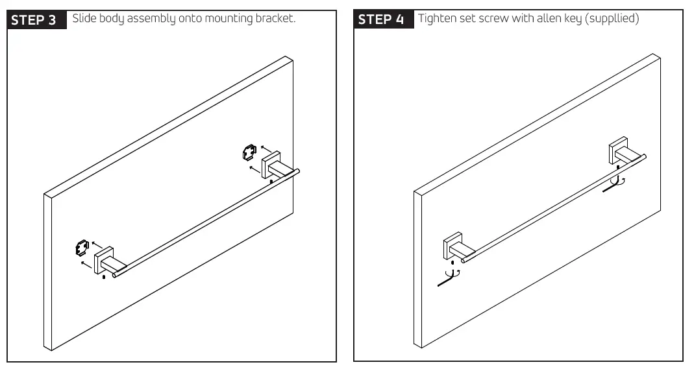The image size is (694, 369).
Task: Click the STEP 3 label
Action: pos(36,19)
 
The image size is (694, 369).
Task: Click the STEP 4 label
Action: pos(384,19)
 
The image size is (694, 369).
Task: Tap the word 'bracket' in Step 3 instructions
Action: pos(277,18)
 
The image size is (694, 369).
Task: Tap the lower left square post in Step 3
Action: pos(105,261)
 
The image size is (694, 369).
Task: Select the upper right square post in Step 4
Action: pos(617,152)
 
